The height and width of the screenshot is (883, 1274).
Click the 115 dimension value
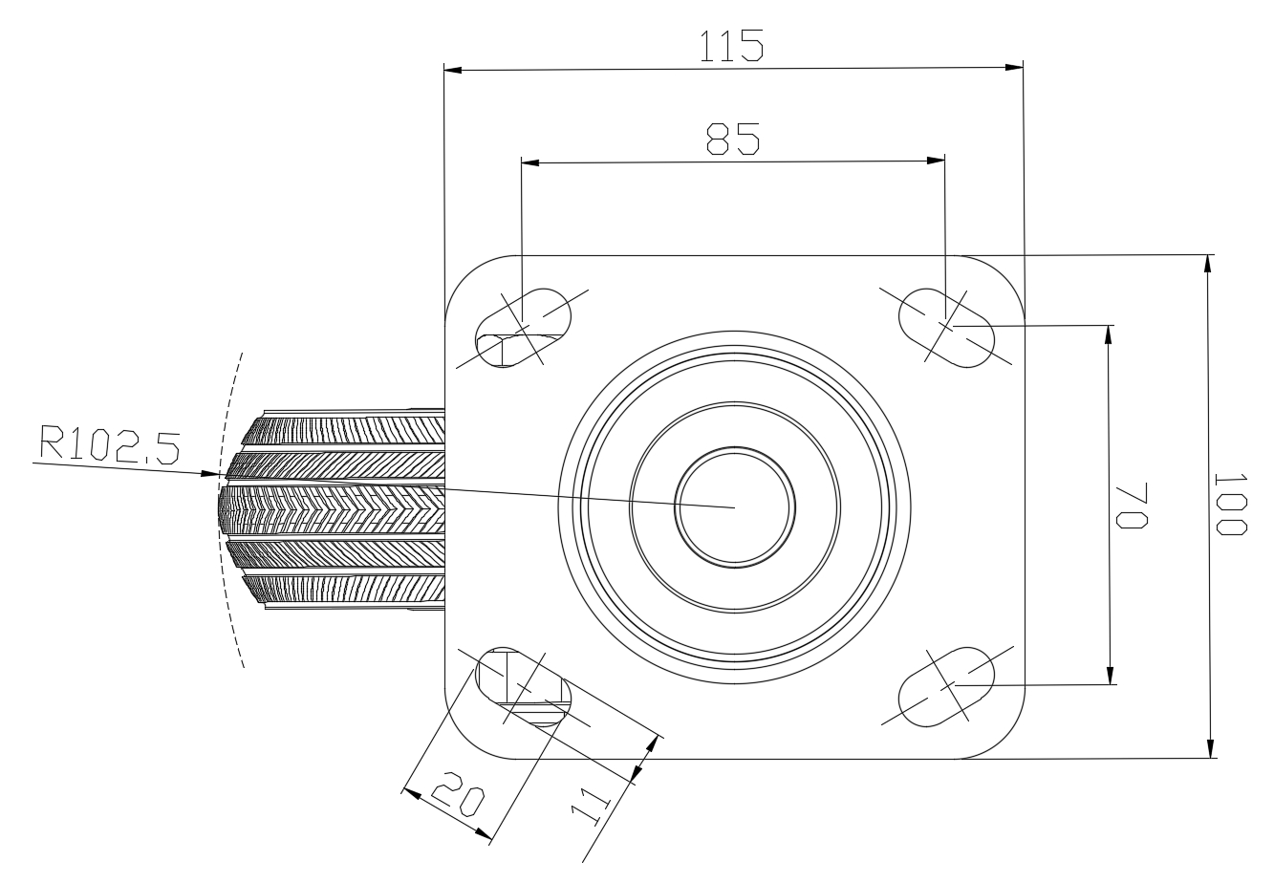[x=731, y=46]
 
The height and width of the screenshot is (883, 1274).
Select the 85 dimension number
[x=732, y=139]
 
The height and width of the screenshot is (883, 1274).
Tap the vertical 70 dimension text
[x=1132, y=506]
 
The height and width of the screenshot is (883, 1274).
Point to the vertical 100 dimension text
[x=1231, y=505]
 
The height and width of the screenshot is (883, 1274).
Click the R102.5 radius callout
[x=109, y=444]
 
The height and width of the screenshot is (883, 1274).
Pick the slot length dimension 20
[x=458, y=793]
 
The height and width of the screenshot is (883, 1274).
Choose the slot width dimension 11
[x=590, y=807]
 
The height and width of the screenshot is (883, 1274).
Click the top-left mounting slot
[x=523, y=328]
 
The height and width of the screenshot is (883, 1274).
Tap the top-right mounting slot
[x=946, y=328]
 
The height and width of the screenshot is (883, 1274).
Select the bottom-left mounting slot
[x=523, y=686]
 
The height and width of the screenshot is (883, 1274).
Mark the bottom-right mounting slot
[x=946, y=686]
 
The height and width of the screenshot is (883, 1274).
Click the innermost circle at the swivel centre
[x=735, y=453]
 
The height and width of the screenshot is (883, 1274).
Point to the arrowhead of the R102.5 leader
[x=210, y=473]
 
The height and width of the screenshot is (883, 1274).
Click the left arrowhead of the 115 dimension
[x=453, y=70]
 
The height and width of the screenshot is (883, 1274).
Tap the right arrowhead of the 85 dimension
[x=936, y=161]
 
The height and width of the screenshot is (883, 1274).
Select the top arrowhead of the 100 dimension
[x=1207, y=264]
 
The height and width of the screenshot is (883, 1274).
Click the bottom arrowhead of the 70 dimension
[x=1111, y=675]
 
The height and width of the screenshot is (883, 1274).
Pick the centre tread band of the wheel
[x=332, y=509]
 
